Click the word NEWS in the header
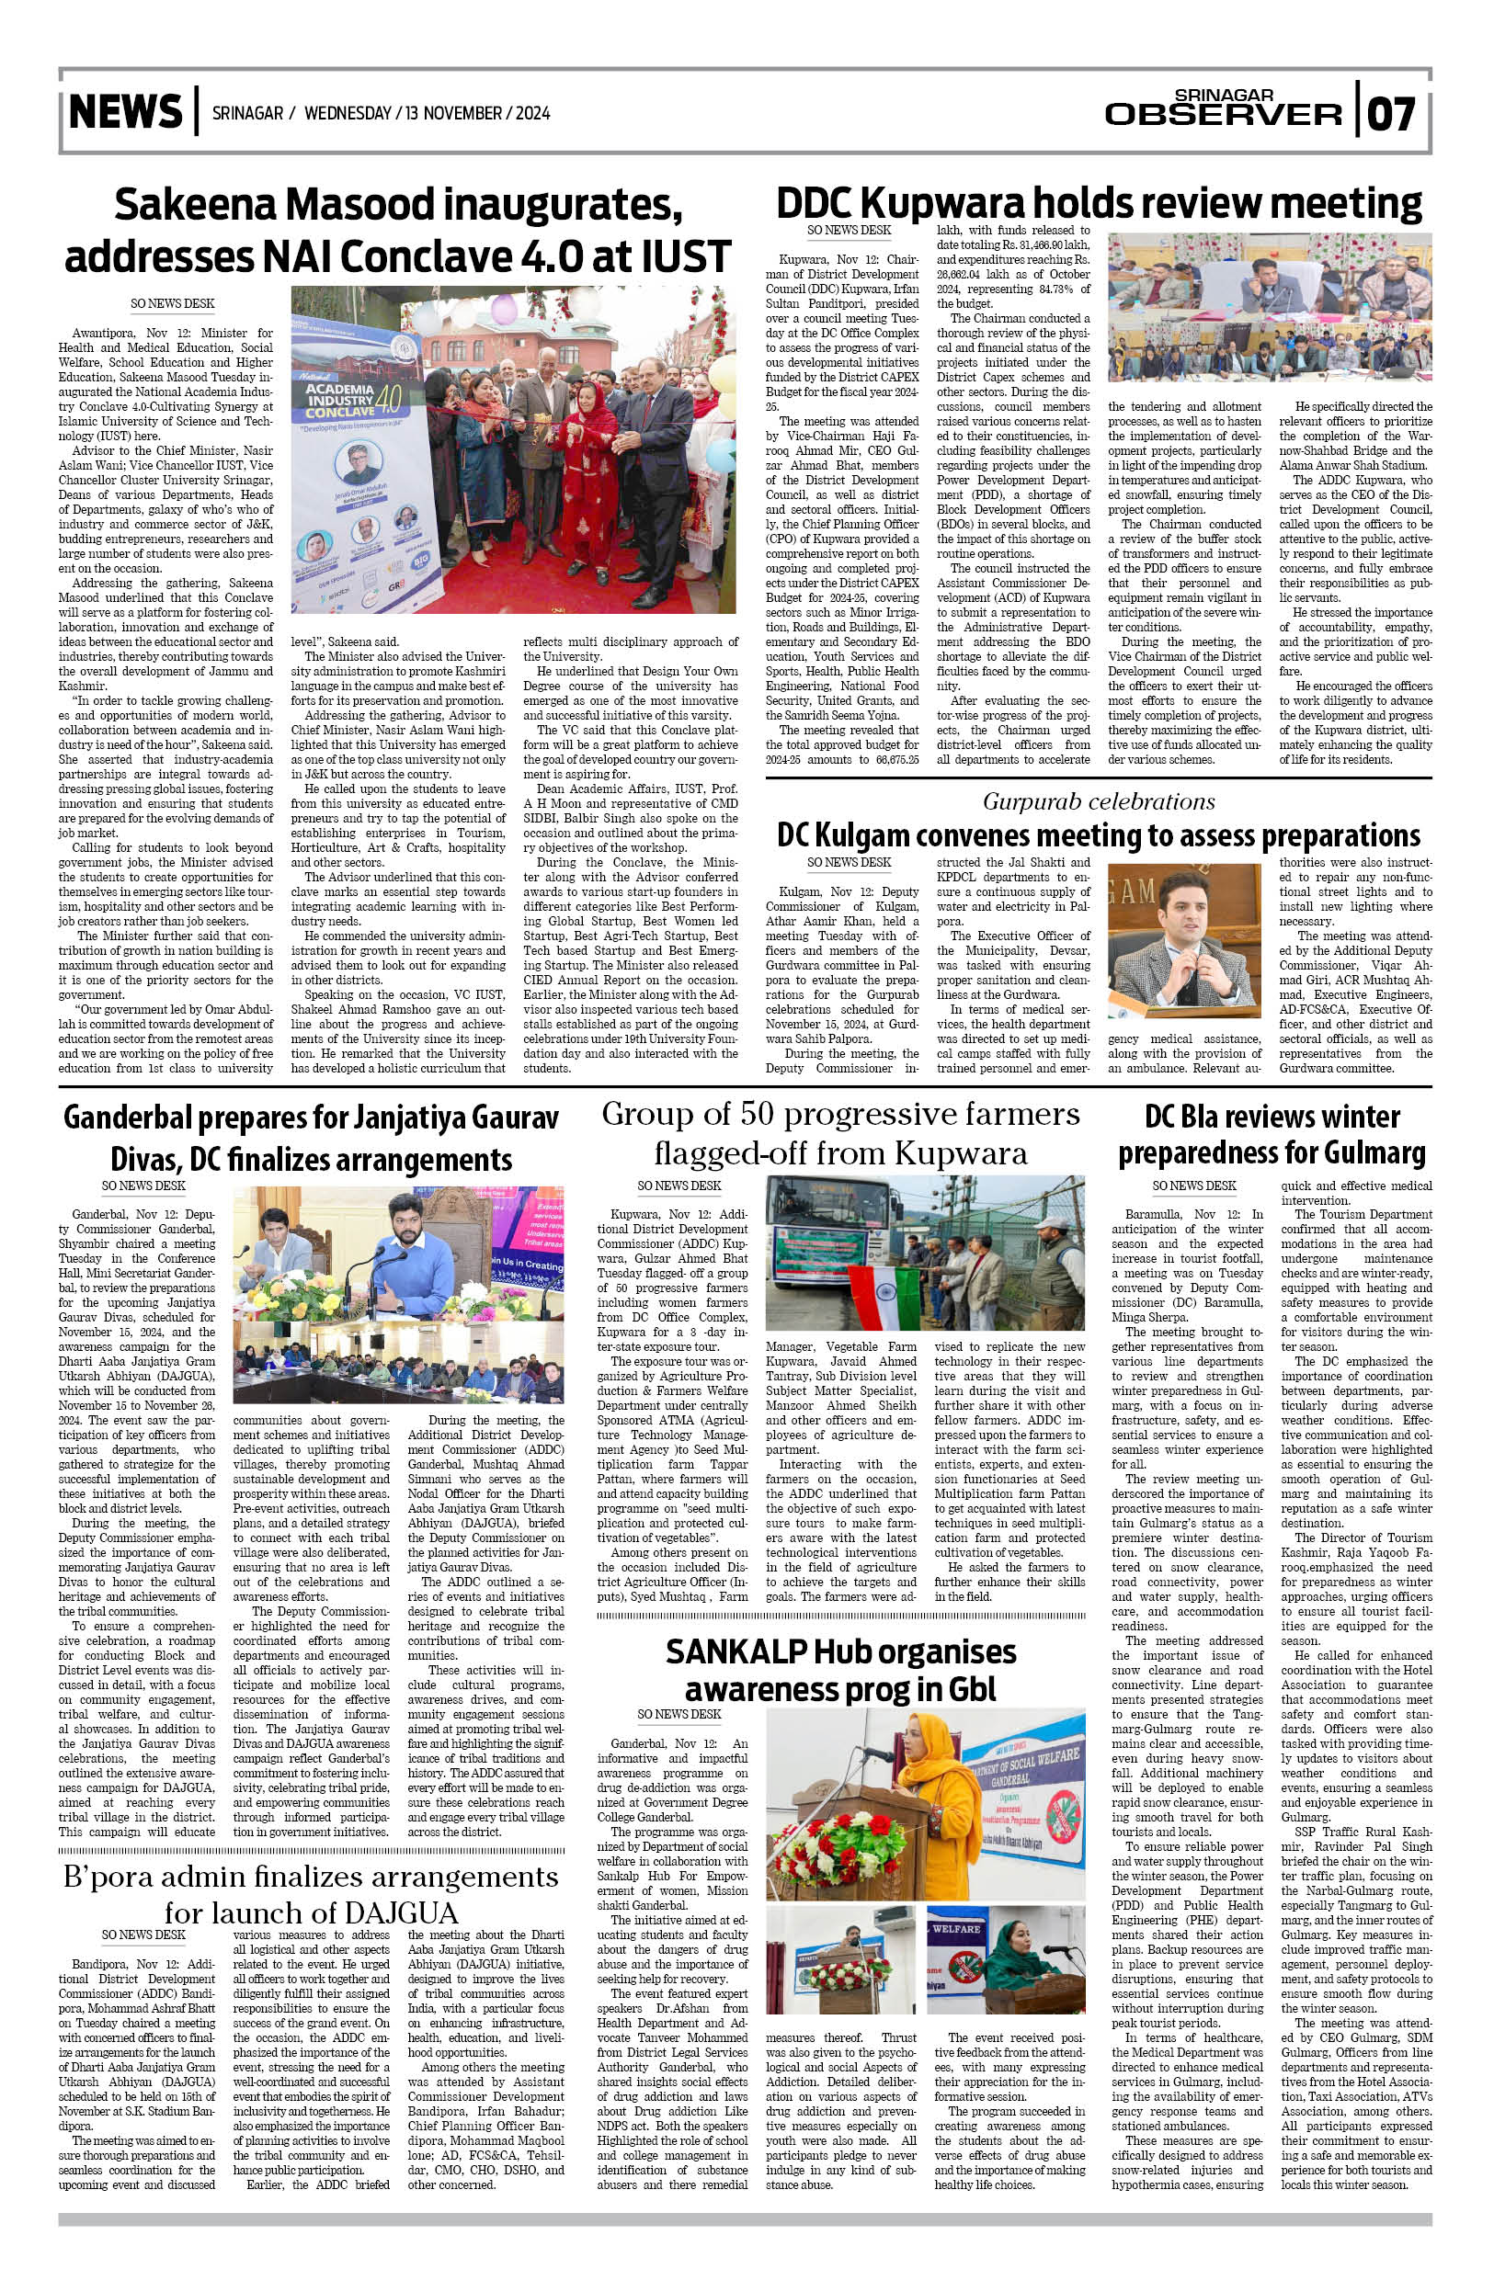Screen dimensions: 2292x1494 click(x=125, y=112)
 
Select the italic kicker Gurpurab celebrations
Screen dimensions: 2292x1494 click(x=1098, y=801)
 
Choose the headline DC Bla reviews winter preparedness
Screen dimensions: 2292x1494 click(x=1272, y=1134)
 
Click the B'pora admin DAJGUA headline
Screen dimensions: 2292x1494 click(x=310, y=1893)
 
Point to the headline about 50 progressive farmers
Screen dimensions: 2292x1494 click(x=840, y=1132)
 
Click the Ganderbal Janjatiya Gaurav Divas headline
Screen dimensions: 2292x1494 click(x=310, y=1138)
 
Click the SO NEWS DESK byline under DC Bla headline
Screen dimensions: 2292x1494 click(x=1193, y=1186)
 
